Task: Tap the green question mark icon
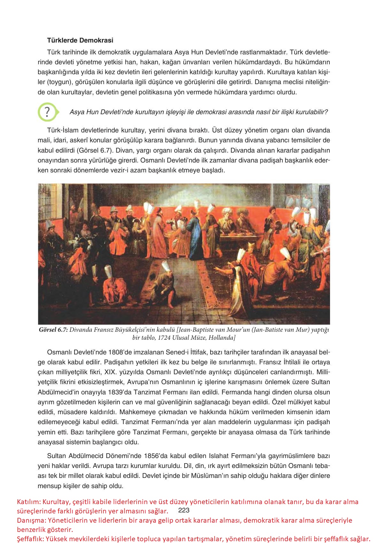click(47, 112)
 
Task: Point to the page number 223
click(184, 510)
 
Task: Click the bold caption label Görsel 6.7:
click(53, 330)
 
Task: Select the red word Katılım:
click(29, 502)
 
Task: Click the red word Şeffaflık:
click(31, 539)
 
